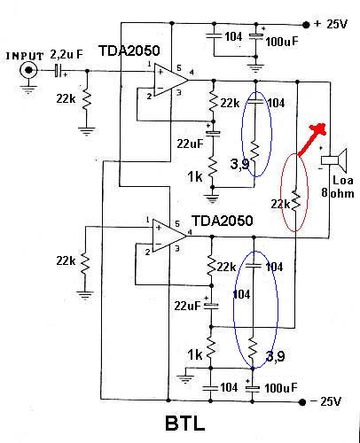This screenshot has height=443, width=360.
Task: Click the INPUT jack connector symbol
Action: click(28, 70)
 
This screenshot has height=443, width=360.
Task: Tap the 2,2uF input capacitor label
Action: click(67, 54)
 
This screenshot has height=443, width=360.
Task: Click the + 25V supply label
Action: click(331, 24)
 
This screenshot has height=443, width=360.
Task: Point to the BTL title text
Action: click(184, 424)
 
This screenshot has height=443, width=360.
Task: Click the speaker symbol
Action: click(334, 160)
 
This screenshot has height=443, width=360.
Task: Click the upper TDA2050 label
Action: click(129, 51)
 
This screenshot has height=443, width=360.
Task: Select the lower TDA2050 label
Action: click(223, 221)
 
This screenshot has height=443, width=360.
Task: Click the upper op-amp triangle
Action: click(171, 80)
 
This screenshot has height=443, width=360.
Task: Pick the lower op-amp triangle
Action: click(169, 236)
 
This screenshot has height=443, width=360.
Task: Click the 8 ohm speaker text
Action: click(338, 193)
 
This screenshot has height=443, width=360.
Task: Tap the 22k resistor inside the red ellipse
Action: click(295, 201)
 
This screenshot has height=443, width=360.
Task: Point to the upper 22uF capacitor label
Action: click(191, 144)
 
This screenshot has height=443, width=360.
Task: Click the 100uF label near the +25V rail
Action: click(282, 42)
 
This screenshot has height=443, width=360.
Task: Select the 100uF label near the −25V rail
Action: click(280, 388)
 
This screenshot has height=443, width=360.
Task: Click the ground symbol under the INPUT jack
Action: click(28, 89)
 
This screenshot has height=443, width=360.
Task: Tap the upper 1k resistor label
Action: click(195, 177)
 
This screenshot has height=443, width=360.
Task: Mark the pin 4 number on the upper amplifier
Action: click(192, 72)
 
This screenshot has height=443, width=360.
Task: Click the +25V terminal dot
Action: click(306, 25)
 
